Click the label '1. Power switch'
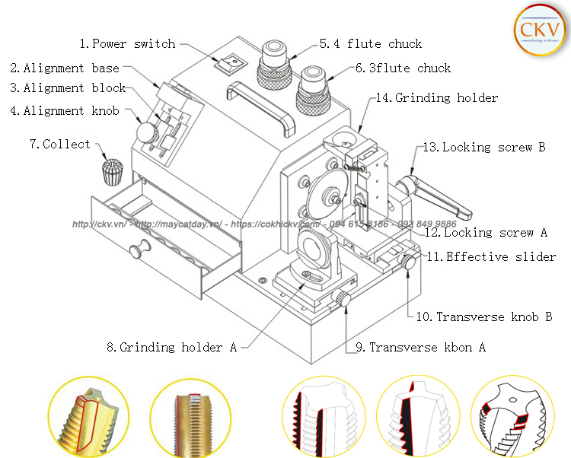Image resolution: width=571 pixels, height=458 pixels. (x=127, y=44)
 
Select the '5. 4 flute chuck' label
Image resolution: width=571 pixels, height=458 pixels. (x=371, y=44)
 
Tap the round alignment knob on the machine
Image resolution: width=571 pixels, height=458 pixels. (x=147, y=133)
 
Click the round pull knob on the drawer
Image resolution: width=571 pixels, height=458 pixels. (x=138, y=249)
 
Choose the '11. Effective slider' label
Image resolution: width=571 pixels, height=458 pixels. (x=490, y=257)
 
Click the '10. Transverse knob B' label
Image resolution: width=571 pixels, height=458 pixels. (x=483, y=316)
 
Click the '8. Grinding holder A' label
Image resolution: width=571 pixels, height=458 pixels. (x=171, y=348)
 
